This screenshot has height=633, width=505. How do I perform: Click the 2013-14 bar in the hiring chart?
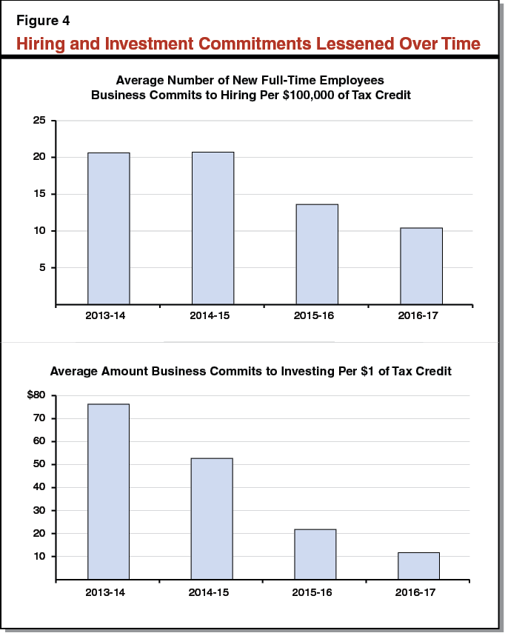point(108,228)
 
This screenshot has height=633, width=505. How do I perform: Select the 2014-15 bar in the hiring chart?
point(213,228)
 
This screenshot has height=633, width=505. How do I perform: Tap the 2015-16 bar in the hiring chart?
point(317,254)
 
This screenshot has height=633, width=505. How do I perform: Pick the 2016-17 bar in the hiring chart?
point(421,266)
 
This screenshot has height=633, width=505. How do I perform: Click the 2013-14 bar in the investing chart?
point(108,491)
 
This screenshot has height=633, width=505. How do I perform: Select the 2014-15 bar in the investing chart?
point(212,518)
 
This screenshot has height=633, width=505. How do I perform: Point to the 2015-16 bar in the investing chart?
point(315,554)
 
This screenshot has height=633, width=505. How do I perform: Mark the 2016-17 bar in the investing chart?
point(419,566)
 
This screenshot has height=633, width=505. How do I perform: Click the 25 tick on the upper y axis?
point(39,121)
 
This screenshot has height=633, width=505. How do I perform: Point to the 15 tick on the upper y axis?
point(39,194)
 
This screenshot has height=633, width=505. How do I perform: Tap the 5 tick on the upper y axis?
point(43,267)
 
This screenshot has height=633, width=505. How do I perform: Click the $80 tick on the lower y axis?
point(37,395)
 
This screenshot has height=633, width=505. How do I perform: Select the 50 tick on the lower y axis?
point(39,464)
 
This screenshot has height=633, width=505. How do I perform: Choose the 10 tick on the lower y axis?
point(39,556)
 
